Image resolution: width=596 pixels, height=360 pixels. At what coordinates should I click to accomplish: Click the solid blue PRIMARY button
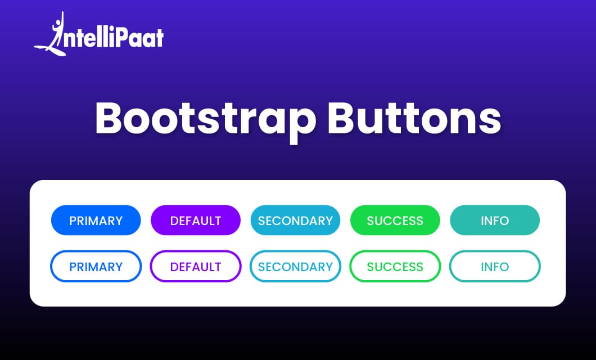(96, 220)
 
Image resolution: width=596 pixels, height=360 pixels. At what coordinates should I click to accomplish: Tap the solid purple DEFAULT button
(196, 220)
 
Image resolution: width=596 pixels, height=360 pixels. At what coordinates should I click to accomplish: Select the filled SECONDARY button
(295, 220)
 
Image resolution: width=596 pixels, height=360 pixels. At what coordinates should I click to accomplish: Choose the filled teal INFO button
(495, 220)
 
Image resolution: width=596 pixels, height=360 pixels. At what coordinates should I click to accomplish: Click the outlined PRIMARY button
(96, 266)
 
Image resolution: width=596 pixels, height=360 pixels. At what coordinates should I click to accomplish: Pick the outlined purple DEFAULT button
(196, 266)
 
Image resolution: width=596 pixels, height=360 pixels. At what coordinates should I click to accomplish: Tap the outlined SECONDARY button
(295, 266)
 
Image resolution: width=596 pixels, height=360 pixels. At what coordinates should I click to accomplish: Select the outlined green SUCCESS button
(395, 266)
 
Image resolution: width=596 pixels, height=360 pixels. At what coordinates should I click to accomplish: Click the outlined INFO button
(495, 266)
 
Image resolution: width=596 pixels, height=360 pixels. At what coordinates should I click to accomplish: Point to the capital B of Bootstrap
(110, 118)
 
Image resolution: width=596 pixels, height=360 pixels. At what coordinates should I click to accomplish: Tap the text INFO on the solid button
(495, 220)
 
